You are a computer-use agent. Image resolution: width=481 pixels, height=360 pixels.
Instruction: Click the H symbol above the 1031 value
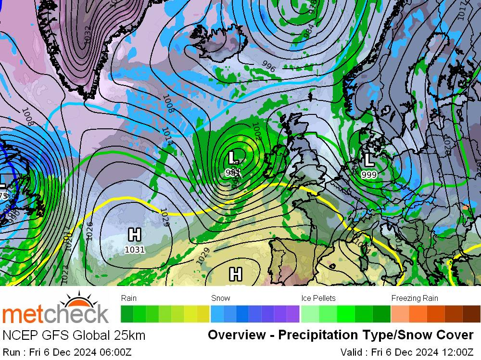coord(135,235)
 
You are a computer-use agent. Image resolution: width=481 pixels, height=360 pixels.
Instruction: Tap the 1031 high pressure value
coord(135,249)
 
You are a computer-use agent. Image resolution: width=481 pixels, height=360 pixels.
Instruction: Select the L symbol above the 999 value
coord(369,160)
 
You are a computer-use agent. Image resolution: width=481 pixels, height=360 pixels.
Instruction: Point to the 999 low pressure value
coord(369,174)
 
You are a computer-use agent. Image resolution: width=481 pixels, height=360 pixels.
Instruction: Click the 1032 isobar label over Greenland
coord(87,35)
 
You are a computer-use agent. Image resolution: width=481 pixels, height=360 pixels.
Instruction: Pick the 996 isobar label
coord(268,67)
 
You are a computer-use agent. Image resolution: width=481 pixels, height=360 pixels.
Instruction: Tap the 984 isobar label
coord(308,32)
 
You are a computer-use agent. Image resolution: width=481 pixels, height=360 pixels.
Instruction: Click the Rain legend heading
coord(129,298)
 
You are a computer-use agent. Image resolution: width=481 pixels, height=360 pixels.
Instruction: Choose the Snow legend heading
coord(221,298)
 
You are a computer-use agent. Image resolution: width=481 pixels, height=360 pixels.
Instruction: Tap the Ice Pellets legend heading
coord(318,298)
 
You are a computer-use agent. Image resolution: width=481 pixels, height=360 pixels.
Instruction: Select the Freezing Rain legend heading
coord(415,298)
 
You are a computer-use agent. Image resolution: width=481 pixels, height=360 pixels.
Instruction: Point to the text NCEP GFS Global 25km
coord(74,335)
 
